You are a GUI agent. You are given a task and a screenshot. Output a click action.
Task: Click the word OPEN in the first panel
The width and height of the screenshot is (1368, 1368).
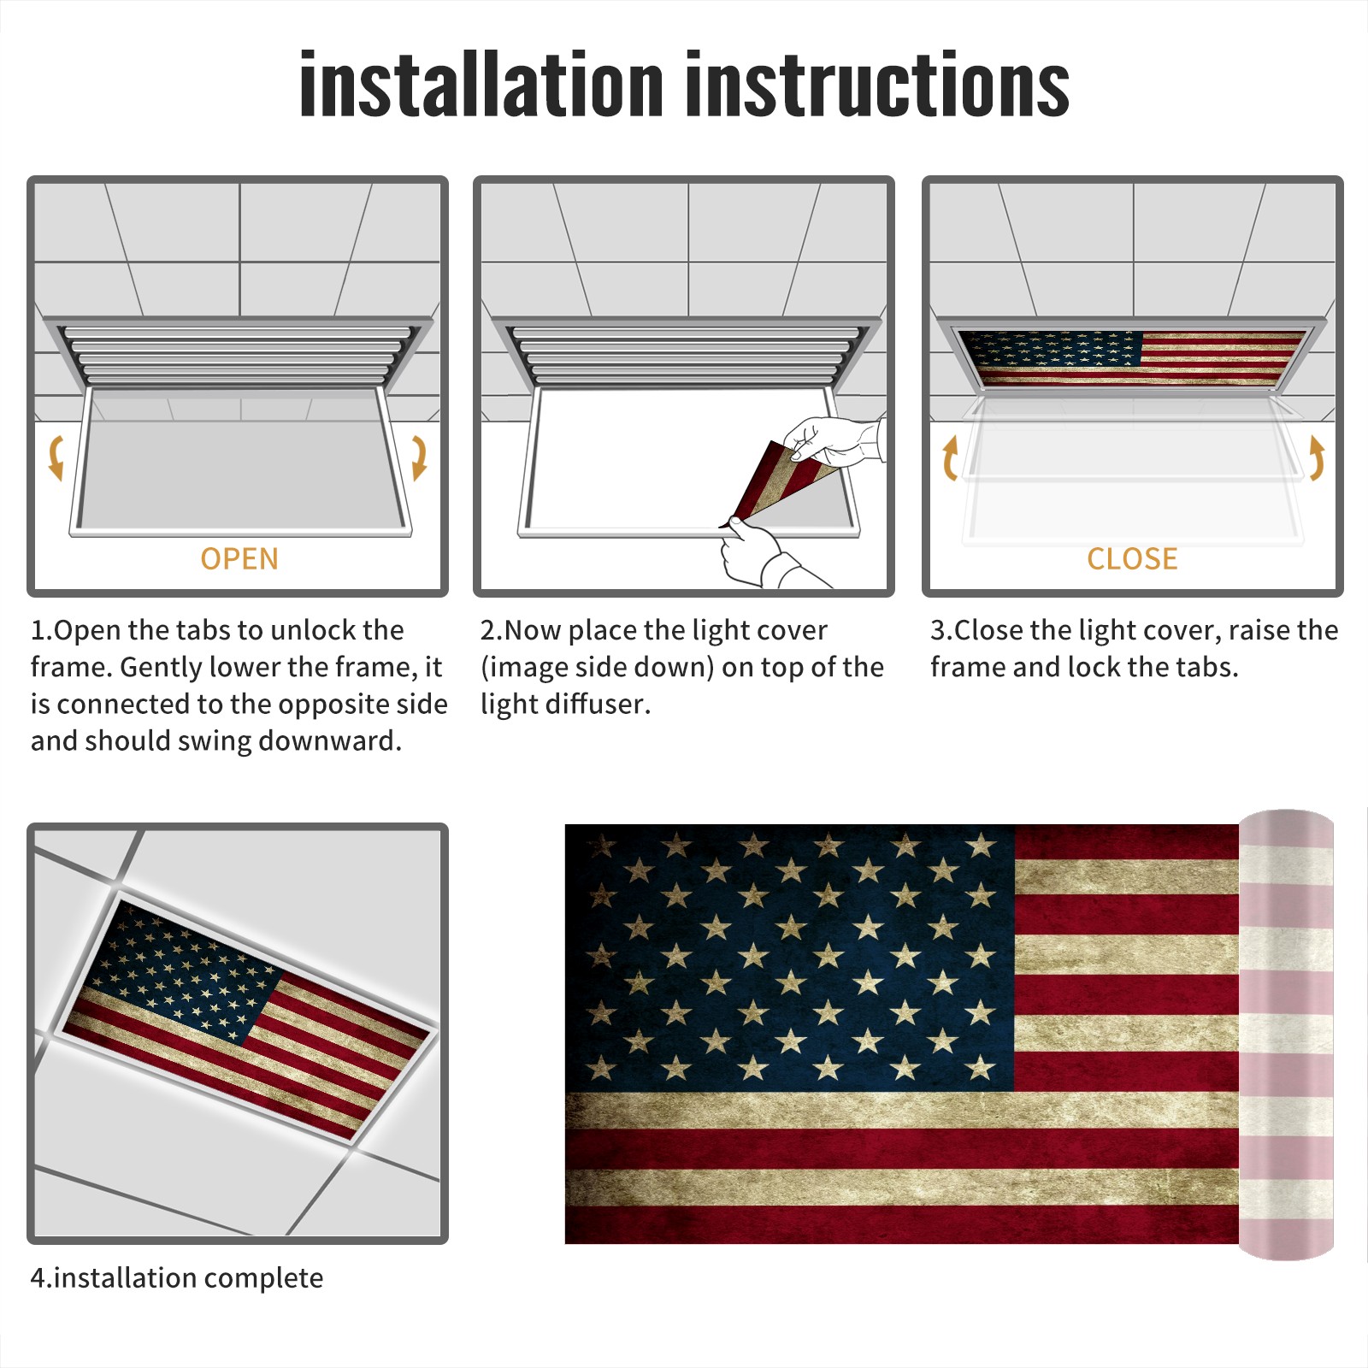click(239, 558)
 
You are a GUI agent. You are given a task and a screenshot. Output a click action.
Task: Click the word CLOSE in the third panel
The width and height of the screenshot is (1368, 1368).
click(1132, 558)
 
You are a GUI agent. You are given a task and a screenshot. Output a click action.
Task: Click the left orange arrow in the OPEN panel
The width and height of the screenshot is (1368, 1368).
click(56, 457)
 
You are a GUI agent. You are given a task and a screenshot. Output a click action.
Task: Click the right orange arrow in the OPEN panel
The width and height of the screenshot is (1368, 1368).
click(419, 457)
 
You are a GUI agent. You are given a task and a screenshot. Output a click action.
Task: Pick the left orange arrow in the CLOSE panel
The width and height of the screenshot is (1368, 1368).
click(950, 457)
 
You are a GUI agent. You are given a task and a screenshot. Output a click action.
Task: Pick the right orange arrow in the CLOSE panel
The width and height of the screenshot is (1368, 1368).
click(1317, 457)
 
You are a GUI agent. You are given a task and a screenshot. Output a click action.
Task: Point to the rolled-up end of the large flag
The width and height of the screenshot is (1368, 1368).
click(1286, 1035)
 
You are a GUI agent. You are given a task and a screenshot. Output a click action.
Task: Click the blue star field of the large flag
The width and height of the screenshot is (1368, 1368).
click(789, 958)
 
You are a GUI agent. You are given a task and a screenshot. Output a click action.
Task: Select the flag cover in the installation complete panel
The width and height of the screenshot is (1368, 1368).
click(246, 1018)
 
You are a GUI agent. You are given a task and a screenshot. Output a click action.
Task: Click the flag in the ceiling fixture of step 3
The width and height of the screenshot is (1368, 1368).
click(1132, 357)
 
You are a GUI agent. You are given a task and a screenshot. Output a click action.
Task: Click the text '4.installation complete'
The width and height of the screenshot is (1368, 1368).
click(177, 1277)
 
